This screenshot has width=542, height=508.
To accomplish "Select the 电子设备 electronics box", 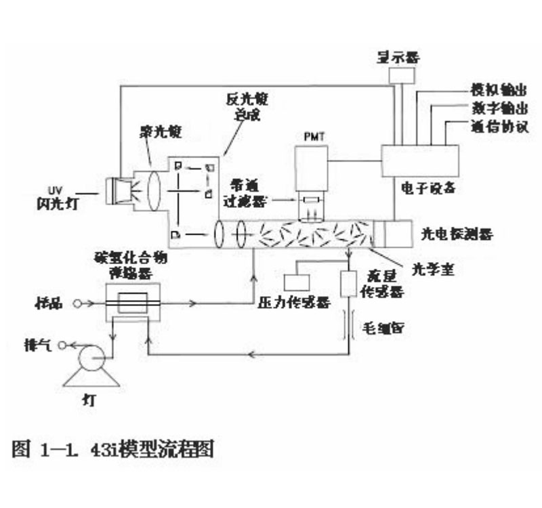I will coord(420,161).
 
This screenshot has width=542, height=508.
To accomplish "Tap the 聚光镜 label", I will coord(161,129).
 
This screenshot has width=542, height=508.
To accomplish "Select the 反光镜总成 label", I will coord(248,106).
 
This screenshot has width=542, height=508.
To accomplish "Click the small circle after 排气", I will coord(62,345).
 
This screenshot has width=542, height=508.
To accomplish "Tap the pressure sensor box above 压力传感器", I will coord(296,282).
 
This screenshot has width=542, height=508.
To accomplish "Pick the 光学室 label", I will coord(434,269).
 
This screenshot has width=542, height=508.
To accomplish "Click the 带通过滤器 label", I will coord(245,192).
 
